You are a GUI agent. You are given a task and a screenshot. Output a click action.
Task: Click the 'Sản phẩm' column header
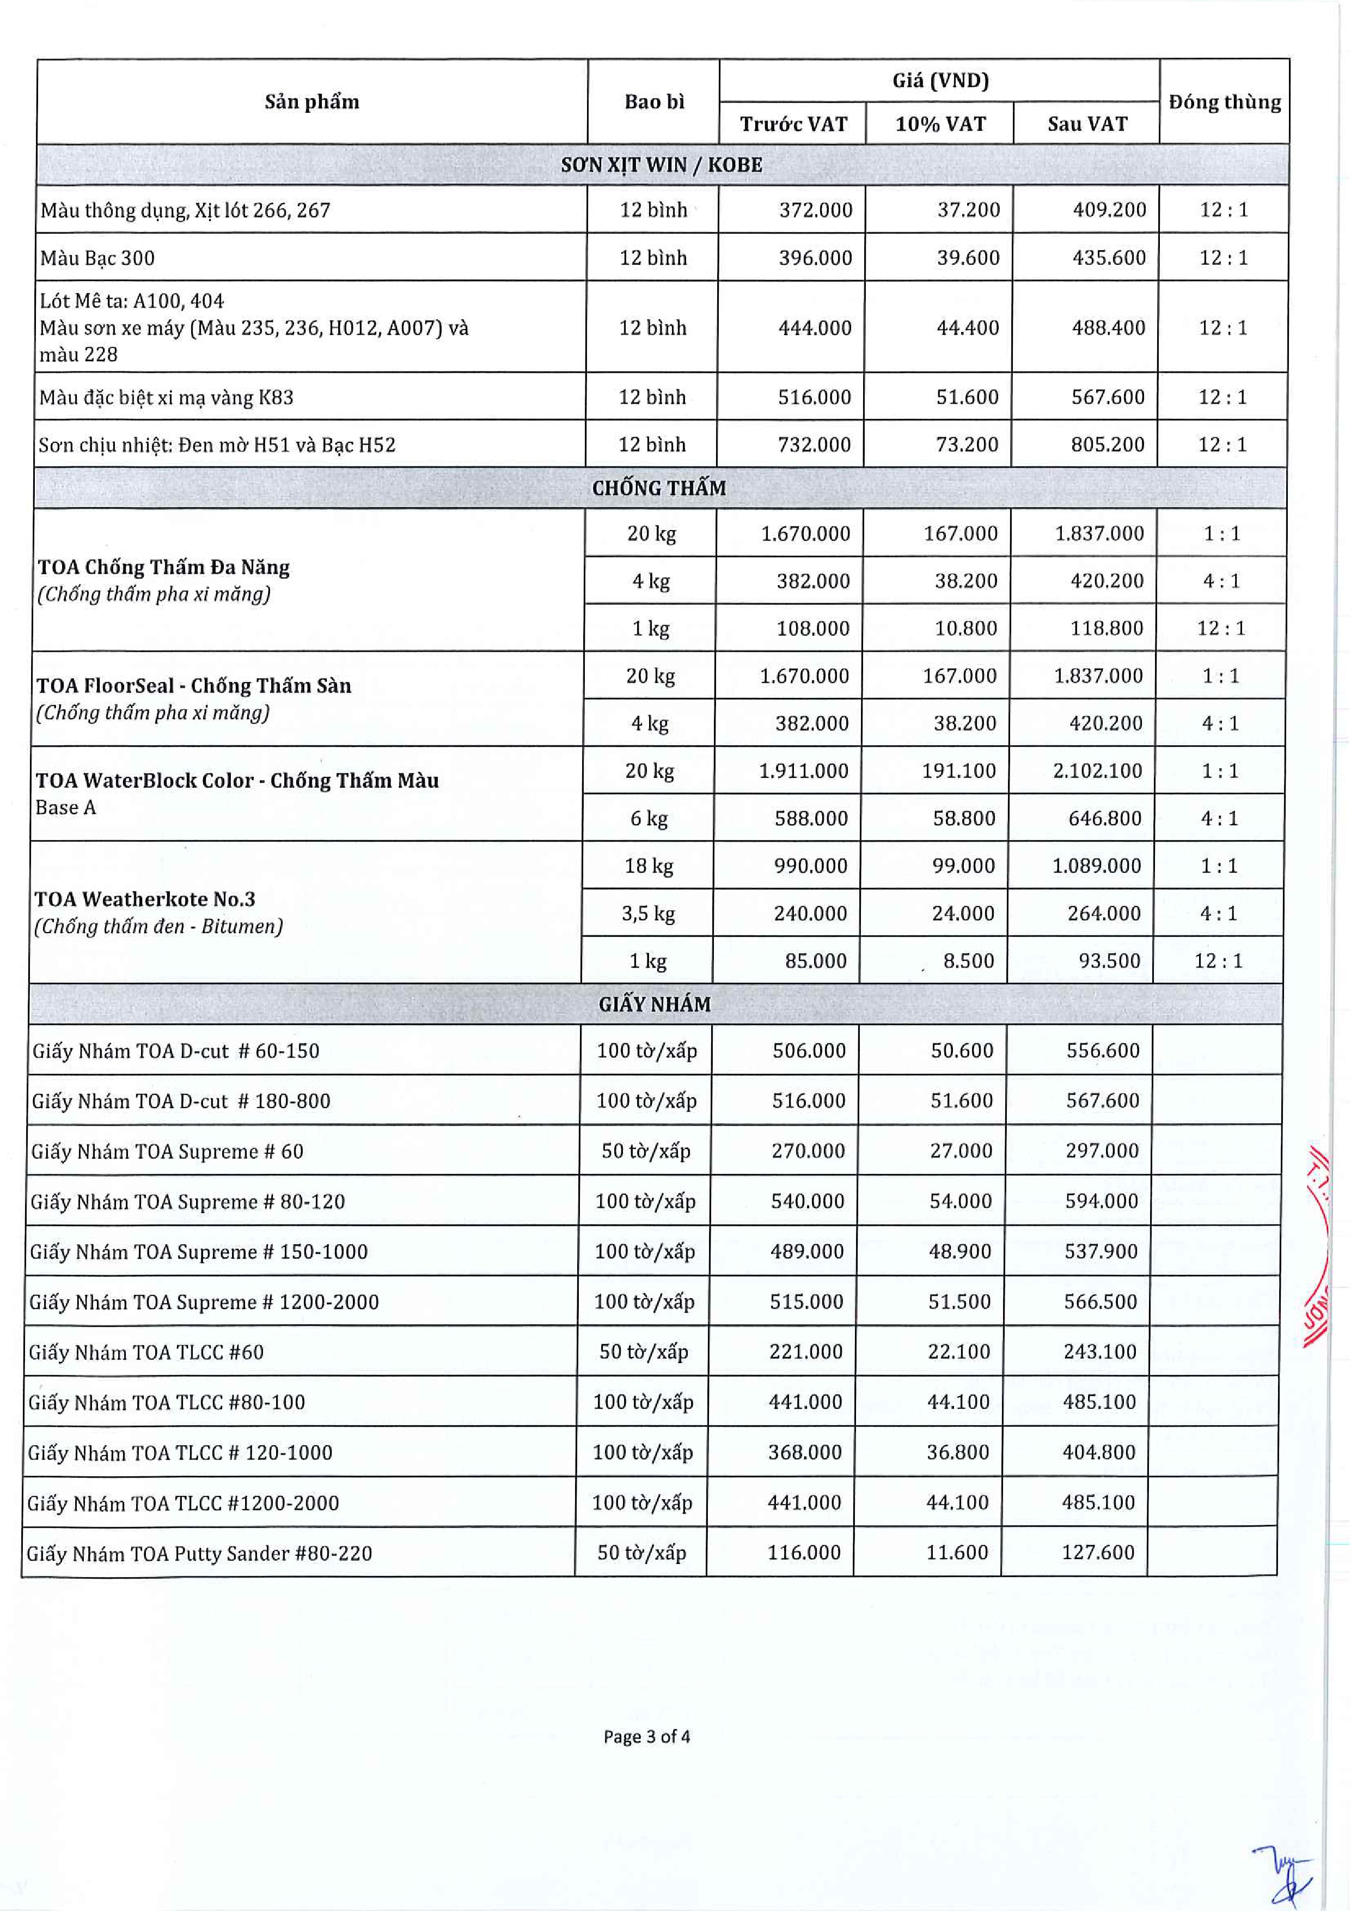point(312,101)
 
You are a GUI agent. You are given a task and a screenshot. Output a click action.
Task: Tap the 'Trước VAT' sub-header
point(793,124)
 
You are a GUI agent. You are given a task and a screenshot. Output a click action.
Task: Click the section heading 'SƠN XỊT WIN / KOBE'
point(662,165)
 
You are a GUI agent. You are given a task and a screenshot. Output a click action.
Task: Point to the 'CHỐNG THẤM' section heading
point(659,488)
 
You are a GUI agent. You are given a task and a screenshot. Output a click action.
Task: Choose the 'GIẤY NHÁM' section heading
point(655,1005)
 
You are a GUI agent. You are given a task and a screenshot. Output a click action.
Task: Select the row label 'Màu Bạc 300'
point(97,258)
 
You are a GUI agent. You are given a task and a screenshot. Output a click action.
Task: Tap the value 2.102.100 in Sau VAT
point(1097,771)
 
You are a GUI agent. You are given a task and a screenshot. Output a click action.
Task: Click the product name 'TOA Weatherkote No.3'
point(145,899)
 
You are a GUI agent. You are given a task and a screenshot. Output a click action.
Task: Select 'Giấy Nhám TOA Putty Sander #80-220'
point(200,1553)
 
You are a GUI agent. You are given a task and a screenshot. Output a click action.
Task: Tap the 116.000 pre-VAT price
point(804,1552)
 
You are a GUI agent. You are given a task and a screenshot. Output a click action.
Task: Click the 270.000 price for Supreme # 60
point(807,1151)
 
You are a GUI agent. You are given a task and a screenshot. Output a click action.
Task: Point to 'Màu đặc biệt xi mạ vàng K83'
point(167,398)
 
